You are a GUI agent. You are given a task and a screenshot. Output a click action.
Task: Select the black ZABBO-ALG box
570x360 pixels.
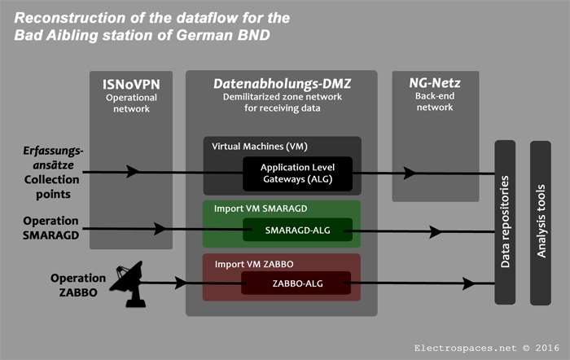pyautogui.click(x=296, y=283)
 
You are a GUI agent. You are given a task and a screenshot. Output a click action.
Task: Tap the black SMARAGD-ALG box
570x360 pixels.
pyautogui.click(x=296, y=231)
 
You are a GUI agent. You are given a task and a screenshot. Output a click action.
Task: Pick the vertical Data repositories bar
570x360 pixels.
pyautogui.click(x=504, y=222)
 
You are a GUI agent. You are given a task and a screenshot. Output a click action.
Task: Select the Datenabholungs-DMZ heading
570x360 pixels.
pyautogui.click(x=281, y=83)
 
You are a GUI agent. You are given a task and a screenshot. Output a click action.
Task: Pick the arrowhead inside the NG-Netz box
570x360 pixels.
pyautogui.click(x=432, y=173)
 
